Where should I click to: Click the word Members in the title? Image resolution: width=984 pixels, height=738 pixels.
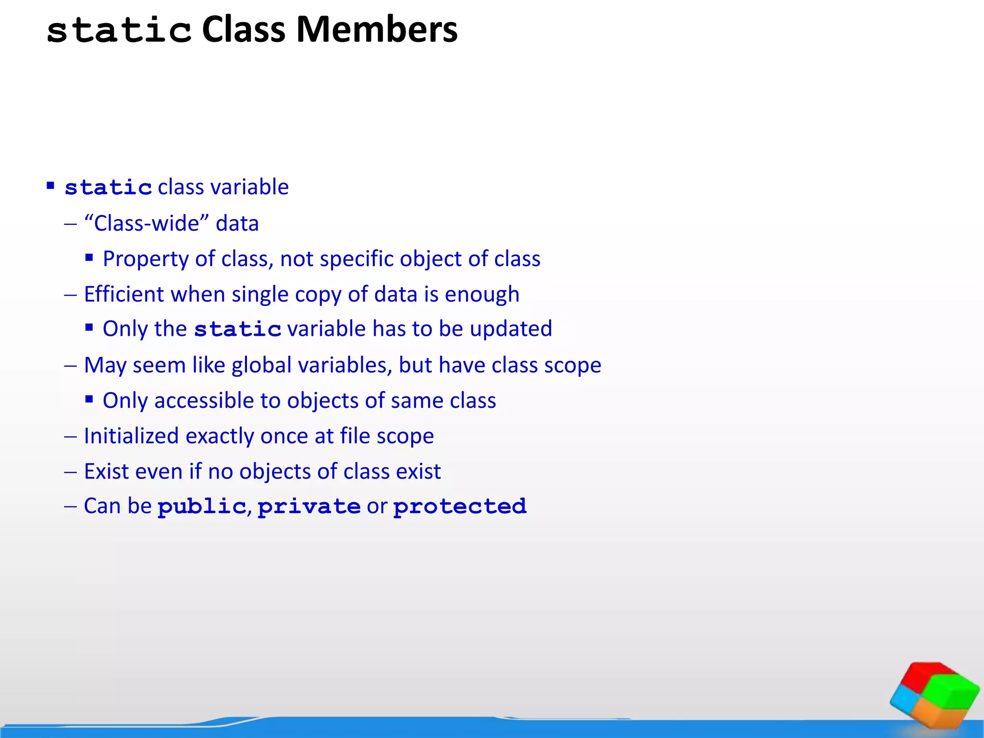point(377,30)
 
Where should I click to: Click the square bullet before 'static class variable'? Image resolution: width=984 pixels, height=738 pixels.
point(50,185)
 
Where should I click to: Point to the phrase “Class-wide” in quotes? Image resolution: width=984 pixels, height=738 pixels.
point(147,223)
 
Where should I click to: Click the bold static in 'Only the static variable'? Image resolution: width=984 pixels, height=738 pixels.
point(237,330)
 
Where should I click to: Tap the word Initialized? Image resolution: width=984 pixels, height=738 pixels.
point(131,436)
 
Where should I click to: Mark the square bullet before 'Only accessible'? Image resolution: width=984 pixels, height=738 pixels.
point(89,399)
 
